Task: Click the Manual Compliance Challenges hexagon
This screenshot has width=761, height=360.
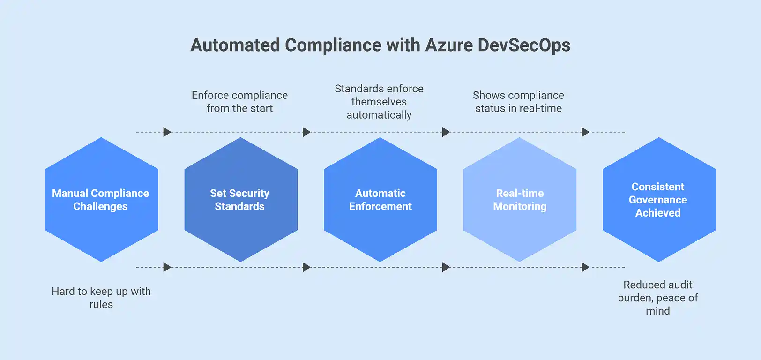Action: [x=101, y=200]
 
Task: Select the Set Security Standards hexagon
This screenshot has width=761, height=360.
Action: [x=240, y=200]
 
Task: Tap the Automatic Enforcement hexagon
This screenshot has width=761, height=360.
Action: [x=380, y=200]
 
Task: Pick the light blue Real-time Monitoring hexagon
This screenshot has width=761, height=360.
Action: [x=519, y=200]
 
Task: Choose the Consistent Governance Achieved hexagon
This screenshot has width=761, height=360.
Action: [x=658, y=200]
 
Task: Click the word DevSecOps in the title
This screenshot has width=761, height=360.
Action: [x=524, y=45]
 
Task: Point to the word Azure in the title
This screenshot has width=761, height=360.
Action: [x=449, y=45]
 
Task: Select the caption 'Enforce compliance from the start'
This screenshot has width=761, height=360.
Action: [x=239, y=102]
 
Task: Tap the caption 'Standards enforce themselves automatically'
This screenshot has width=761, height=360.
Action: [x=379, y=102]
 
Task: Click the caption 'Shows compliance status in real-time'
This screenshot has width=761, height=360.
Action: [x=518, y=102]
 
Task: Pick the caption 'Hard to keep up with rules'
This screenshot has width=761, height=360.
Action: [x=101, y=298]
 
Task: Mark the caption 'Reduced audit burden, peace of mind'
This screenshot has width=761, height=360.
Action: [x=658, y=298]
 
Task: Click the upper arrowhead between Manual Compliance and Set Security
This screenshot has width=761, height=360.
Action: [x=167, y=132]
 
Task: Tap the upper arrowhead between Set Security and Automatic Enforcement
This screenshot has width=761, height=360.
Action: [x=306, y=132]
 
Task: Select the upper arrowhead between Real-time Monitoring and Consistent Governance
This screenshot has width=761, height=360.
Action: [x=585, y=132]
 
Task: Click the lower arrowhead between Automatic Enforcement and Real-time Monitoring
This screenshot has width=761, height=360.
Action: [x=446, y=267]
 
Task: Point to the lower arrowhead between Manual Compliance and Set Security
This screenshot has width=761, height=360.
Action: [x=167, y=267]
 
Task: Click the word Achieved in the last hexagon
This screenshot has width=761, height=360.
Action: [x=658, y=213]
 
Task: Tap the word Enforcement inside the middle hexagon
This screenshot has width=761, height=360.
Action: [x=380, y=206]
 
